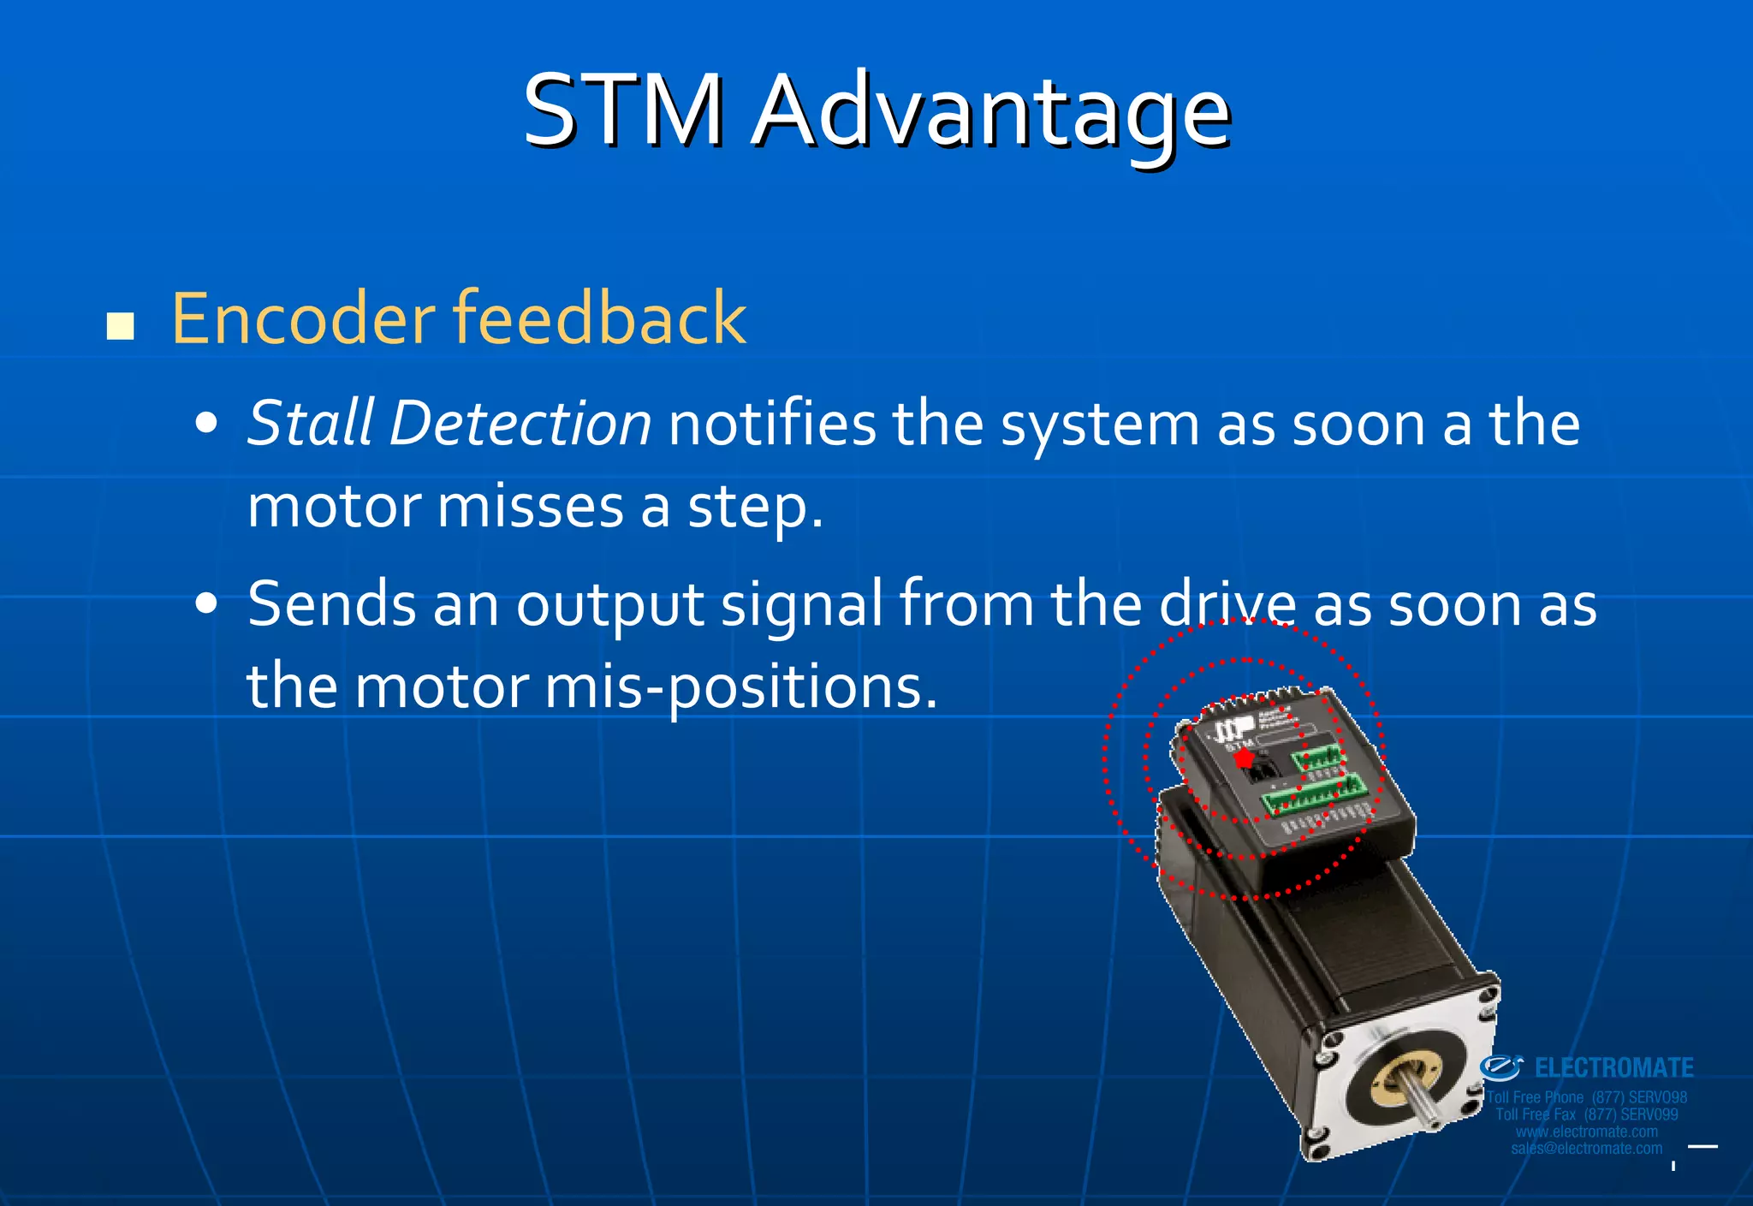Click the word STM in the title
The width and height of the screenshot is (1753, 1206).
[624, 111]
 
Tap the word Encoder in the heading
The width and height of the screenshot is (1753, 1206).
[303, 318]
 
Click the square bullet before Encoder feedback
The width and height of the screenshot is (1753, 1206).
[121, 326]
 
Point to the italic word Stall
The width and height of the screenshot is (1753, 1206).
[311, 423]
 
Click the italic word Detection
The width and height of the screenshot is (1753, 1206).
[520, 423]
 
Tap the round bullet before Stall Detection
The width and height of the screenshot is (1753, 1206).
[206, 423]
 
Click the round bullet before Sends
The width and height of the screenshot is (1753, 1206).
[206, 603]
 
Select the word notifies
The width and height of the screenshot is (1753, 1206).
[772, 423]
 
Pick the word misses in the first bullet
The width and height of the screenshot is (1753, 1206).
[531, 507]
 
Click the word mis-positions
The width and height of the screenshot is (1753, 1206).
[740, 686]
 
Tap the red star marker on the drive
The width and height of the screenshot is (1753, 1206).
[1244, 758]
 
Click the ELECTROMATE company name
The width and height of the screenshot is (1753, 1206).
[1613, 1068]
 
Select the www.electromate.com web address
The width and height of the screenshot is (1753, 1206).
[1586, 1132]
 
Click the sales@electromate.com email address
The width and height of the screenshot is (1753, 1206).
[1586, 1149]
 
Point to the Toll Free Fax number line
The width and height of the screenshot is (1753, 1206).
[1586, 1114]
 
